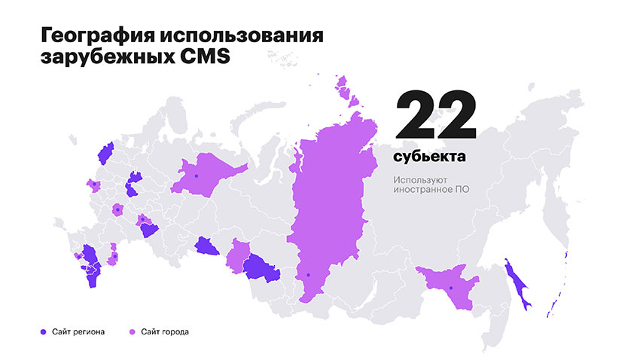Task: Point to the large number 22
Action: point(434,115)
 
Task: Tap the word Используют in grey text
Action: point(419,180)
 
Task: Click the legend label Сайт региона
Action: point(78,331)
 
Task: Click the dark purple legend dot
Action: point(44,331)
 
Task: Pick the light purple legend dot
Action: point(133,331)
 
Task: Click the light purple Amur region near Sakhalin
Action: point(448,286)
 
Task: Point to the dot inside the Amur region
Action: point(450,288)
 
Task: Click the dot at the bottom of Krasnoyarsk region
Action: point(308,275)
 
